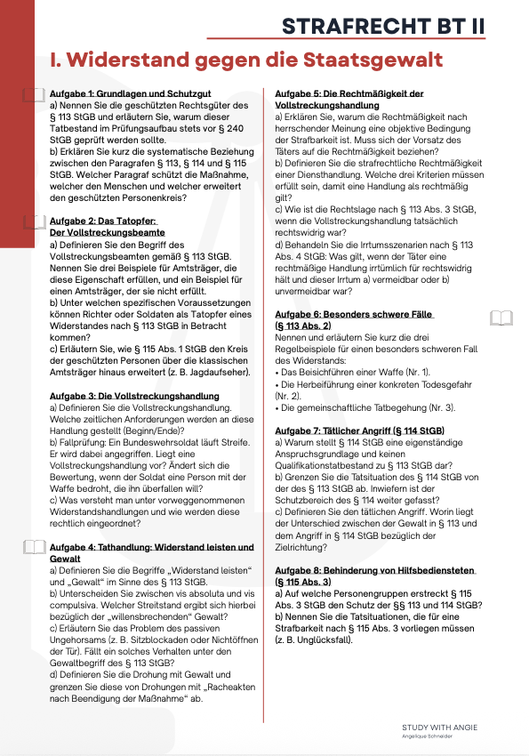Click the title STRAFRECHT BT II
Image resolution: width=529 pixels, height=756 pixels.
click(383, 26)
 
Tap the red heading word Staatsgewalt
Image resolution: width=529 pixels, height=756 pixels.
click(358, 61)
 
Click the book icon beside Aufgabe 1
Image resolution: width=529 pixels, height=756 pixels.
click(33, 94)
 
